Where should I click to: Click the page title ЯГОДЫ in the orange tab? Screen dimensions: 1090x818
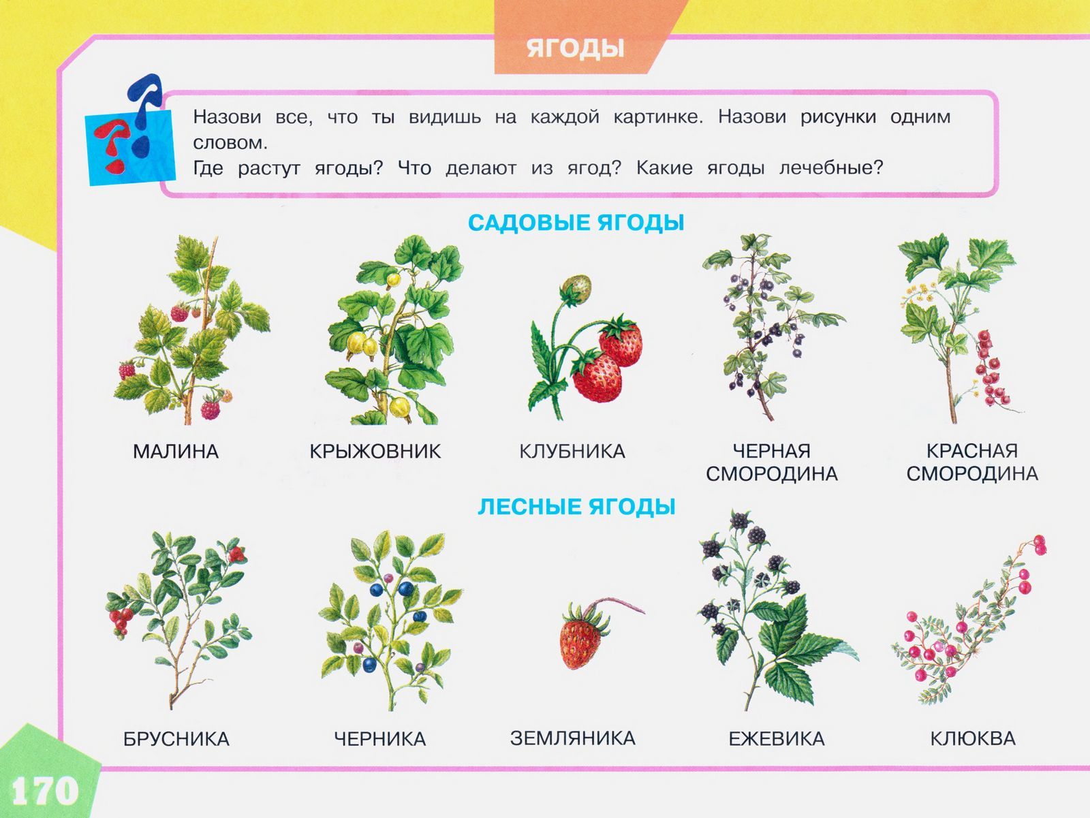click(575, 48)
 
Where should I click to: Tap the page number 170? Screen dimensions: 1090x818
click(45, 791)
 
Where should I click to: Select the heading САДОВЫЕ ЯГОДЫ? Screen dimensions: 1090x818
click(576, 222)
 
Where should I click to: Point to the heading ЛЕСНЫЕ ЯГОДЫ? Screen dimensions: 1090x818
click(576, 507)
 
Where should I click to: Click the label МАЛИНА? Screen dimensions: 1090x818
click(176, 451)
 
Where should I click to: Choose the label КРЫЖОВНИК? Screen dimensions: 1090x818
click(375, 451)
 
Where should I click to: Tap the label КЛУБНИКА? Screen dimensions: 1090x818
click(572, 451)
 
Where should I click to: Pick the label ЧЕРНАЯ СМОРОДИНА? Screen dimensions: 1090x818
click(772, 462)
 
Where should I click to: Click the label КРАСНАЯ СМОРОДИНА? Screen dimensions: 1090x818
click(972, 462)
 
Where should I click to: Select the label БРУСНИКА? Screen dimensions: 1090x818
click(176, 739)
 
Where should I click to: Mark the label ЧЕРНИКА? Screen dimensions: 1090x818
click(380, 739)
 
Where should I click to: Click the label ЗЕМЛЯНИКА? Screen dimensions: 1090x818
click(572, 738)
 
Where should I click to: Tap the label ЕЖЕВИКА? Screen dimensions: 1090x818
click(777, 739)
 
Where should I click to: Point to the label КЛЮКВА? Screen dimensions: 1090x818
click(973, 739)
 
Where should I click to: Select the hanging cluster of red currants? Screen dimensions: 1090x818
click(991, 368)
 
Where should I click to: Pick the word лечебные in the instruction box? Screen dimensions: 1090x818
click(831, 168)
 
